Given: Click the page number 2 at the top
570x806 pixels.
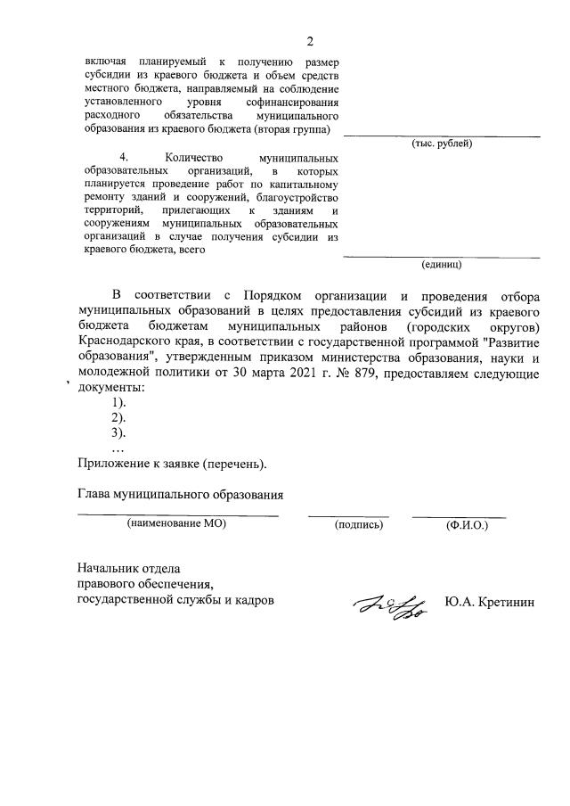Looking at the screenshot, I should click(310, 41).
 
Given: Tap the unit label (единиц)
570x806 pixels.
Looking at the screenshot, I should click(441, 264).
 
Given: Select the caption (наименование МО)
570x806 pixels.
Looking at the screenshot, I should click(177, 524).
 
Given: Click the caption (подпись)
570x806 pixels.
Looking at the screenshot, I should click(358, 525).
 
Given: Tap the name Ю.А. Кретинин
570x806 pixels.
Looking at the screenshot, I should click(491, 603).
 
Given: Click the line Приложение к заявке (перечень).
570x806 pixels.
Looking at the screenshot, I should click(172, 464).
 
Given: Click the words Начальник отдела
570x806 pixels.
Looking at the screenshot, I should click(129, 569).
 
